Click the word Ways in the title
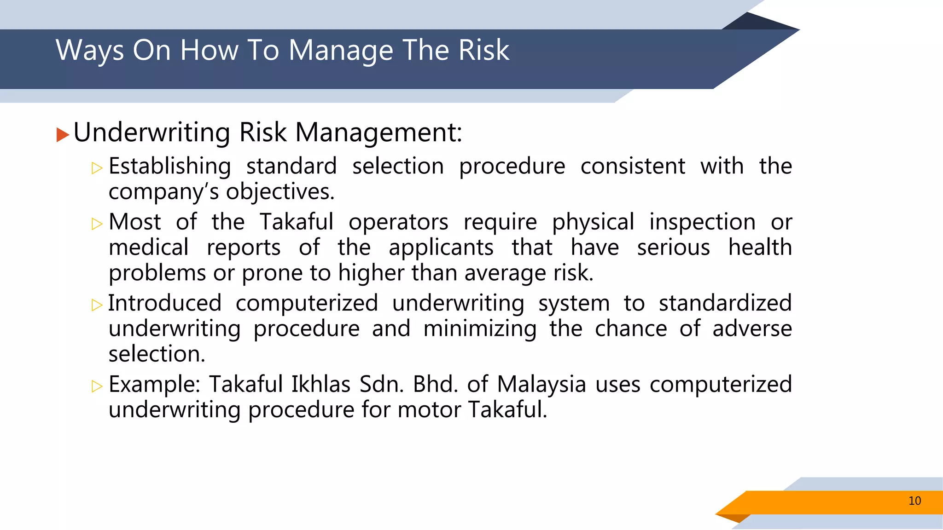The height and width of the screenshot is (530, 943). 90,51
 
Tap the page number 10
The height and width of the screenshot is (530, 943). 914,501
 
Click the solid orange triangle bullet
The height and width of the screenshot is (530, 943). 63,135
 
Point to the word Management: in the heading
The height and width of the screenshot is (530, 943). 378,133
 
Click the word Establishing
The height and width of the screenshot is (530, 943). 170,167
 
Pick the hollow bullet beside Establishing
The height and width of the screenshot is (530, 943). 97,168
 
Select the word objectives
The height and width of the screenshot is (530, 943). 280,192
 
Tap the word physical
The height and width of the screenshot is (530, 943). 593,223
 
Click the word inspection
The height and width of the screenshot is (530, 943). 702,223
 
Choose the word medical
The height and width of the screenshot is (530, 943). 149,248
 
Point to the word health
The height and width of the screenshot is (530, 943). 760,248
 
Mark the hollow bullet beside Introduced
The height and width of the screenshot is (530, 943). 97,305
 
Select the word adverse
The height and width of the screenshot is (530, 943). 752,329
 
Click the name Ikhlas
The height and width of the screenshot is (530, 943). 320,385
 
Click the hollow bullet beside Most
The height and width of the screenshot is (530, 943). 97,224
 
